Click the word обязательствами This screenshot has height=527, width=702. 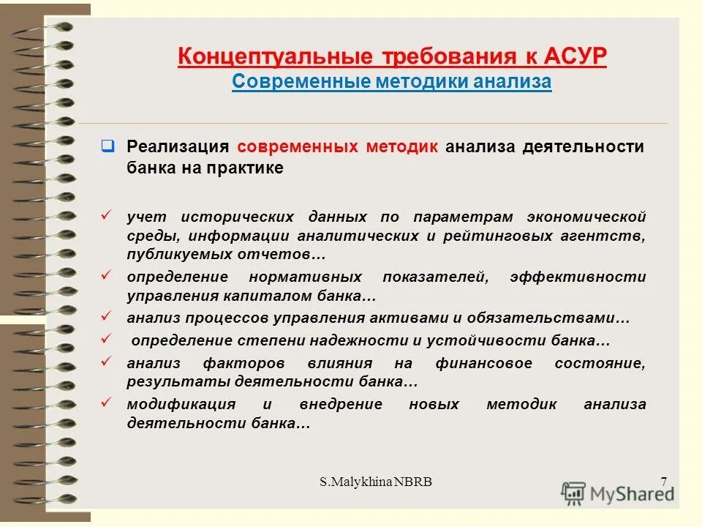click(x=555, y=318)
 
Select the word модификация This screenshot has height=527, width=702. click(x=181, y=404)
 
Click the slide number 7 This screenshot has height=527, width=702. click(x=663, y=481)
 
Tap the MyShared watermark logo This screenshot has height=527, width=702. click(x=618, y=493)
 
